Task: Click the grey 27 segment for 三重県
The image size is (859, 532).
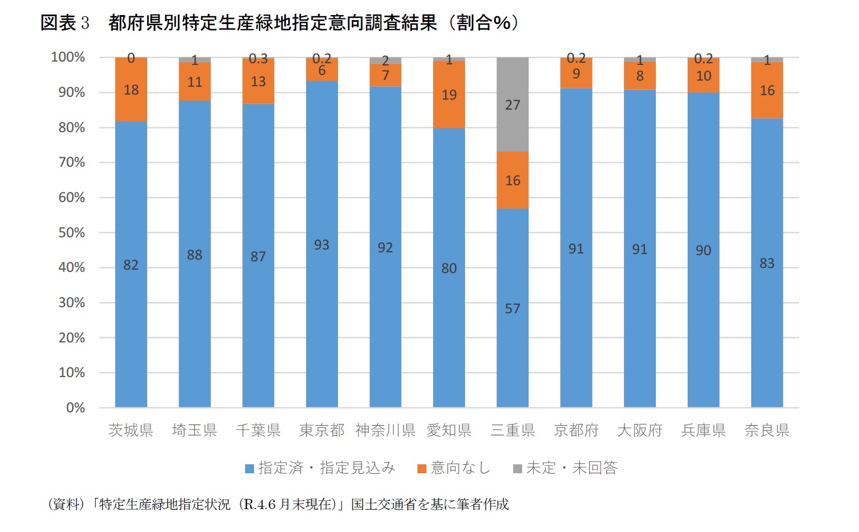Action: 513,105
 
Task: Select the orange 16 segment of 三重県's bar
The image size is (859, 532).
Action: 513,180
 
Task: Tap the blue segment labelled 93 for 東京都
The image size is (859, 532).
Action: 322,244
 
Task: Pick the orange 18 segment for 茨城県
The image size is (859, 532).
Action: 131,90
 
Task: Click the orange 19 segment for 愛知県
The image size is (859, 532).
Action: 449,95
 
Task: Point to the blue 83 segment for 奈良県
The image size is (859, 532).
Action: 767,263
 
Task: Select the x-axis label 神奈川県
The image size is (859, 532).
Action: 385,430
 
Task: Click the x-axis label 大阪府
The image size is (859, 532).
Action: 640,430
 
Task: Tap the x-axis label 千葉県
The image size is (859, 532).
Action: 258,430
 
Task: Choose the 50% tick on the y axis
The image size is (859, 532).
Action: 72,233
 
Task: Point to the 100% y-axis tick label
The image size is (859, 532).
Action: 68,57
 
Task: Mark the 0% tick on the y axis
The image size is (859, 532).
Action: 76,408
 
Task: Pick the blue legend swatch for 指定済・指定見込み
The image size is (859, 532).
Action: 250,469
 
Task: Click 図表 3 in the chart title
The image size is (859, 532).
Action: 64,23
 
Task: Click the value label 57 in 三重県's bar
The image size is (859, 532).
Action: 513,309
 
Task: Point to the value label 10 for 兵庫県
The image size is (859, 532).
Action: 703,76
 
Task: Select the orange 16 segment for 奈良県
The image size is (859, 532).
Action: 767,90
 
